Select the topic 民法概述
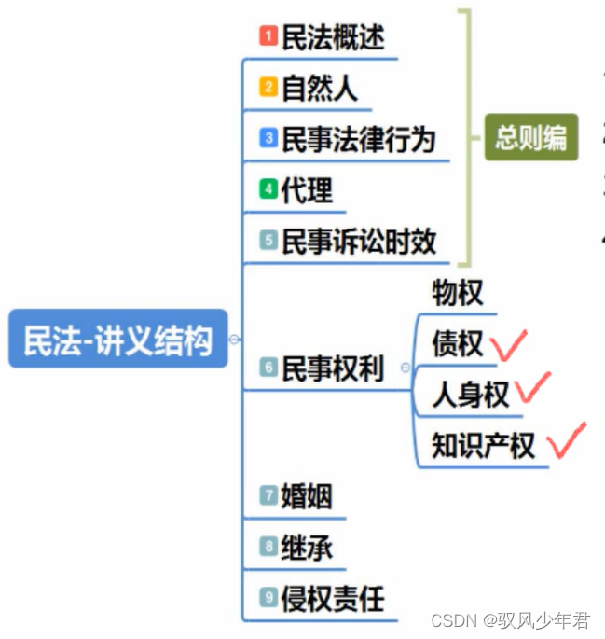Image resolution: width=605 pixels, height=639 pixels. pyautogui.click(x=333, y=37)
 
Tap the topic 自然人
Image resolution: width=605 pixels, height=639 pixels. pyautogui.click(x=319, y=89)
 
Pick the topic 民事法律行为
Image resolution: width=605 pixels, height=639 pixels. pyautogui.click(x=359, y=139)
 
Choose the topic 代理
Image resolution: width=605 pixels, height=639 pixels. pyautogui.click(x=307, y=190)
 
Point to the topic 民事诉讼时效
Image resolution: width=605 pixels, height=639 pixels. pyautogui.click(x=359, y=242)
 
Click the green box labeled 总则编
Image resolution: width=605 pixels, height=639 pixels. pyautogui.click(x=530, y=138)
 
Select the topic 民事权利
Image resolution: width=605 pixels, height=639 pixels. pyautogui.click(x=333, y=368)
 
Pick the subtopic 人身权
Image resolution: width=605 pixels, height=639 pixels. pyautogui.click(x=470, y=395)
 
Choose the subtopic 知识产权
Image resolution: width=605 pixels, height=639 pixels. pyautogui.click(x=483, y=445)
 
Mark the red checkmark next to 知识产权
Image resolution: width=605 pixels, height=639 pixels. pyautogui.click(x=566, y=440)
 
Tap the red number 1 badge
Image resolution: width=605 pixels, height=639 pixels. pyautogui.click(x=268, y=37)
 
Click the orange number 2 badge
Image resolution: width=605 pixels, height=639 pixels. pyautogui.click(x=268, y=89)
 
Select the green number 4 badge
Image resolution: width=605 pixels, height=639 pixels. pyautogui.click(x=268, y=190)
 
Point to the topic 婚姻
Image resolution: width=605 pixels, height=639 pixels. pyautogui.click(x=307, y=496)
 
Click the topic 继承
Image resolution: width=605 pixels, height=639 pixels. pyautogui.click(x=307, y=548)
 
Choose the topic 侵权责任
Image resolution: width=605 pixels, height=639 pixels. pyautogui.click(x=333, y=598)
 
